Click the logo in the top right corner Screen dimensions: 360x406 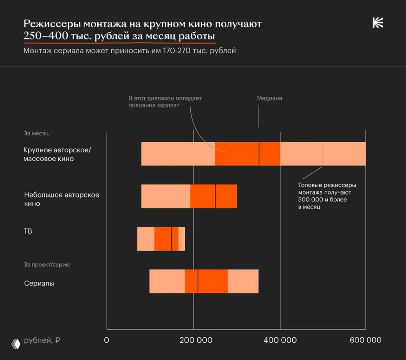click(x=378, y=23)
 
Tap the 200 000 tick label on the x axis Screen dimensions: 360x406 click(x=196, y=340)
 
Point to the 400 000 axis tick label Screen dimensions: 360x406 click(x=280, y=340)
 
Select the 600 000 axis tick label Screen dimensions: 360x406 click(x=365, y=340)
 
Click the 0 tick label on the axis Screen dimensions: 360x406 click(x=107, y=340)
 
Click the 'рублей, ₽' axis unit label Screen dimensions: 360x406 click(x=42, y=340)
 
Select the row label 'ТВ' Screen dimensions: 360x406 click(x=28, y=231)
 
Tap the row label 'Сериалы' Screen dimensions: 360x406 click(x=39, y=283)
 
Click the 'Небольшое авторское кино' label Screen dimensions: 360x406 click(x=62, y=199)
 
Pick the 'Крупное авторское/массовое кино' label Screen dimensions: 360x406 click(x=57, y=154)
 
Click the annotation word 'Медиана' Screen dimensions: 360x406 click(x=269, y=98)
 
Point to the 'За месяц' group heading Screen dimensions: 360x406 click(x=36, y=133)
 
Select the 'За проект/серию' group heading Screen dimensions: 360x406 click(x=47, y=265)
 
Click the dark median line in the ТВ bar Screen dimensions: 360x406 click(x=172, y=239)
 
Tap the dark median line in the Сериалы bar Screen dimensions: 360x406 click(x=198, y=281)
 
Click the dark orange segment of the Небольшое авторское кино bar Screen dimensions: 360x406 click(x=203, y=196)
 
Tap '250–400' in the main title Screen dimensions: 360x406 click(x=46, y=36)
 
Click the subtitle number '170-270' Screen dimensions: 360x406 click(x=176, y=51)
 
